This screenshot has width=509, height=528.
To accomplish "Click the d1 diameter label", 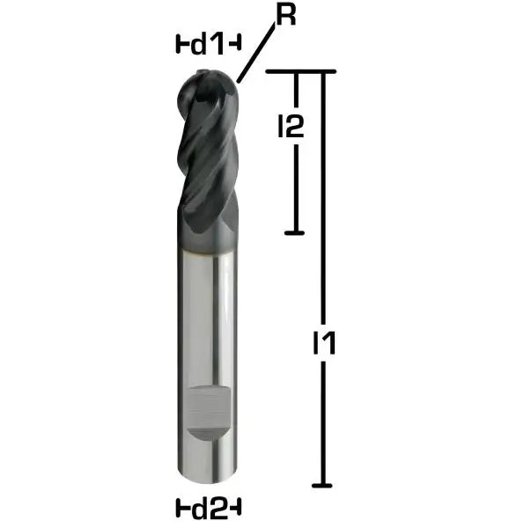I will pos(209,41).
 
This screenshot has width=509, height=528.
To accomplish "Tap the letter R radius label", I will pos(284,15).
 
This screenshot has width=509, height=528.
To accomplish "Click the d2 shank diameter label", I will pos(209,508).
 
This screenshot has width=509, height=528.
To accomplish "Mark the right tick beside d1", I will pos(238,41).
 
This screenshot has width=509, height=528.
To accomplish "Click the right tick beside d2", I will pos(238,508).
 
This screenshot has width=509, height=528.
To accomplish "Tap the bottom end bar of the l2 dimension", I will pos(295,233).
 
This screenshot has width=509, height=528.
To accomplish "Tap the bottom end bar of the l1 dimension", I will pos(324,484).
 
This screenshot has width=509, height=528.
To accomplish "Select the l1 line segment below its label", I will pos(324,422).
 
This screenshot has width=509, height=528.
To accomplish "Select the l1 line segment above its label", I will pos(324,194).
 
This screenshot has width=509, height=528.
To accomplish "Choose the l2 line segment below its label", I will pos(295,189).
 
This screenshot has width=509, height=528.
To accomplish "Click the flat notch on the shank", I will pos(209,414).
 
